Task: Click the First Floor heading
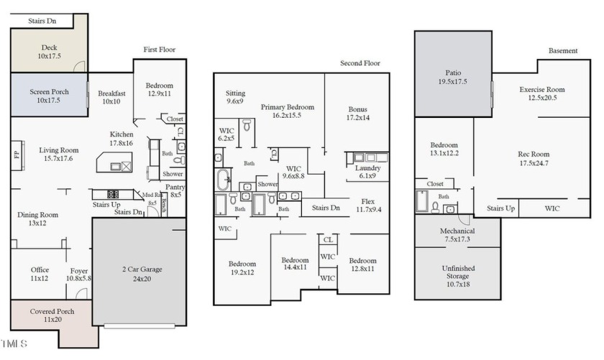click(x=159, y=50)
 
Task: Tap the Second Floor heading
click(x=360, y=63)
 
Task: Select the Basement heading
click(x=563, y=51)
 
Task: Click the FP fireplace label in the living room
click(x=17, y=155)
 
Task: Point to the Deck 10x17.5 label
click(x=50, y=52)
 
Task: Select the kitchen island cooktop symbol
click(x=112, y=194)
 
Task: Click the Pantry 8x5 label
click(x=175, y=190)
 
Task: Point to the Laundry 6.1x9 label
click(x=367, y=172)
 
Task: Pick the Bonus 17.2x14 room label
click(x=357, y=114)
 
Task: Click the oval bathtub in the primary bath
click(x=224, y=180)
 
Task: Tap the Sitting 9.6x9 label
click(x=235, y=97)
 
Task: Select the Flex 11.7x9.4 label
click(x=368, y=206)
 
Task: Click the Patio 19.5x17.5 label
click(x=452, y=77)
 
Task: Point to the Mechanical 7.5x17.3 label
click(x=457, y=235)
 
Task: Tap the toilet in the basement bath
click(x=435, y=208)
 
